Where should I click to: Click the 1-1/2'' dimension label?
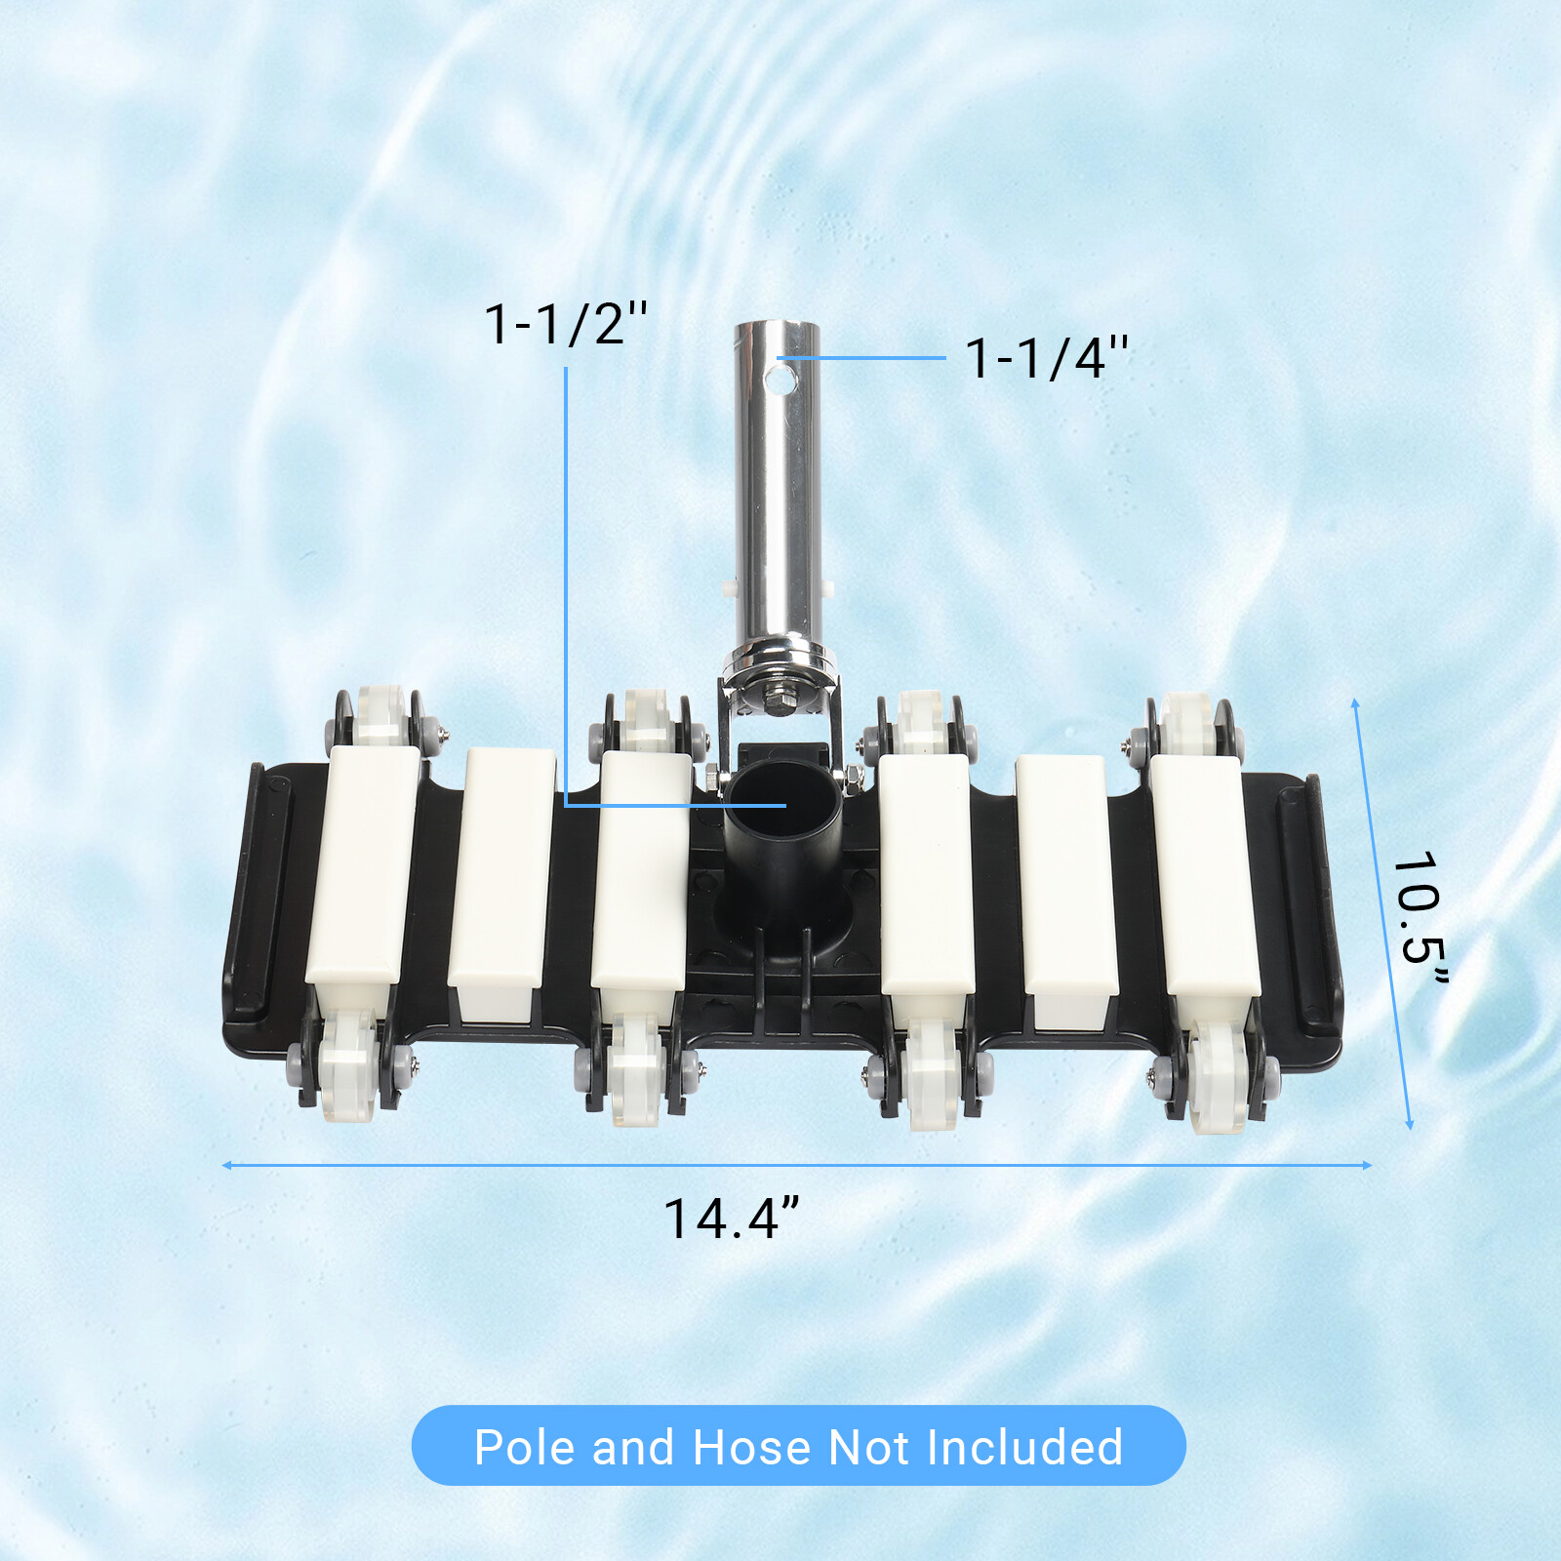[x=566, y=324]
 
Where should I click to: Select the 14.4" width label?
[x=732, y=1219]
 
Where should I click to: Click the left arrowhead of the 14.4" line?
[x=226, y=1165]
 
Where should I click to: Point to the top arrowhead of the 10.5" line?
[x=1355, y=702]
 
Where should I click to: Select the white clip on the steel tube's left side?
[x=729, y=587]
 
